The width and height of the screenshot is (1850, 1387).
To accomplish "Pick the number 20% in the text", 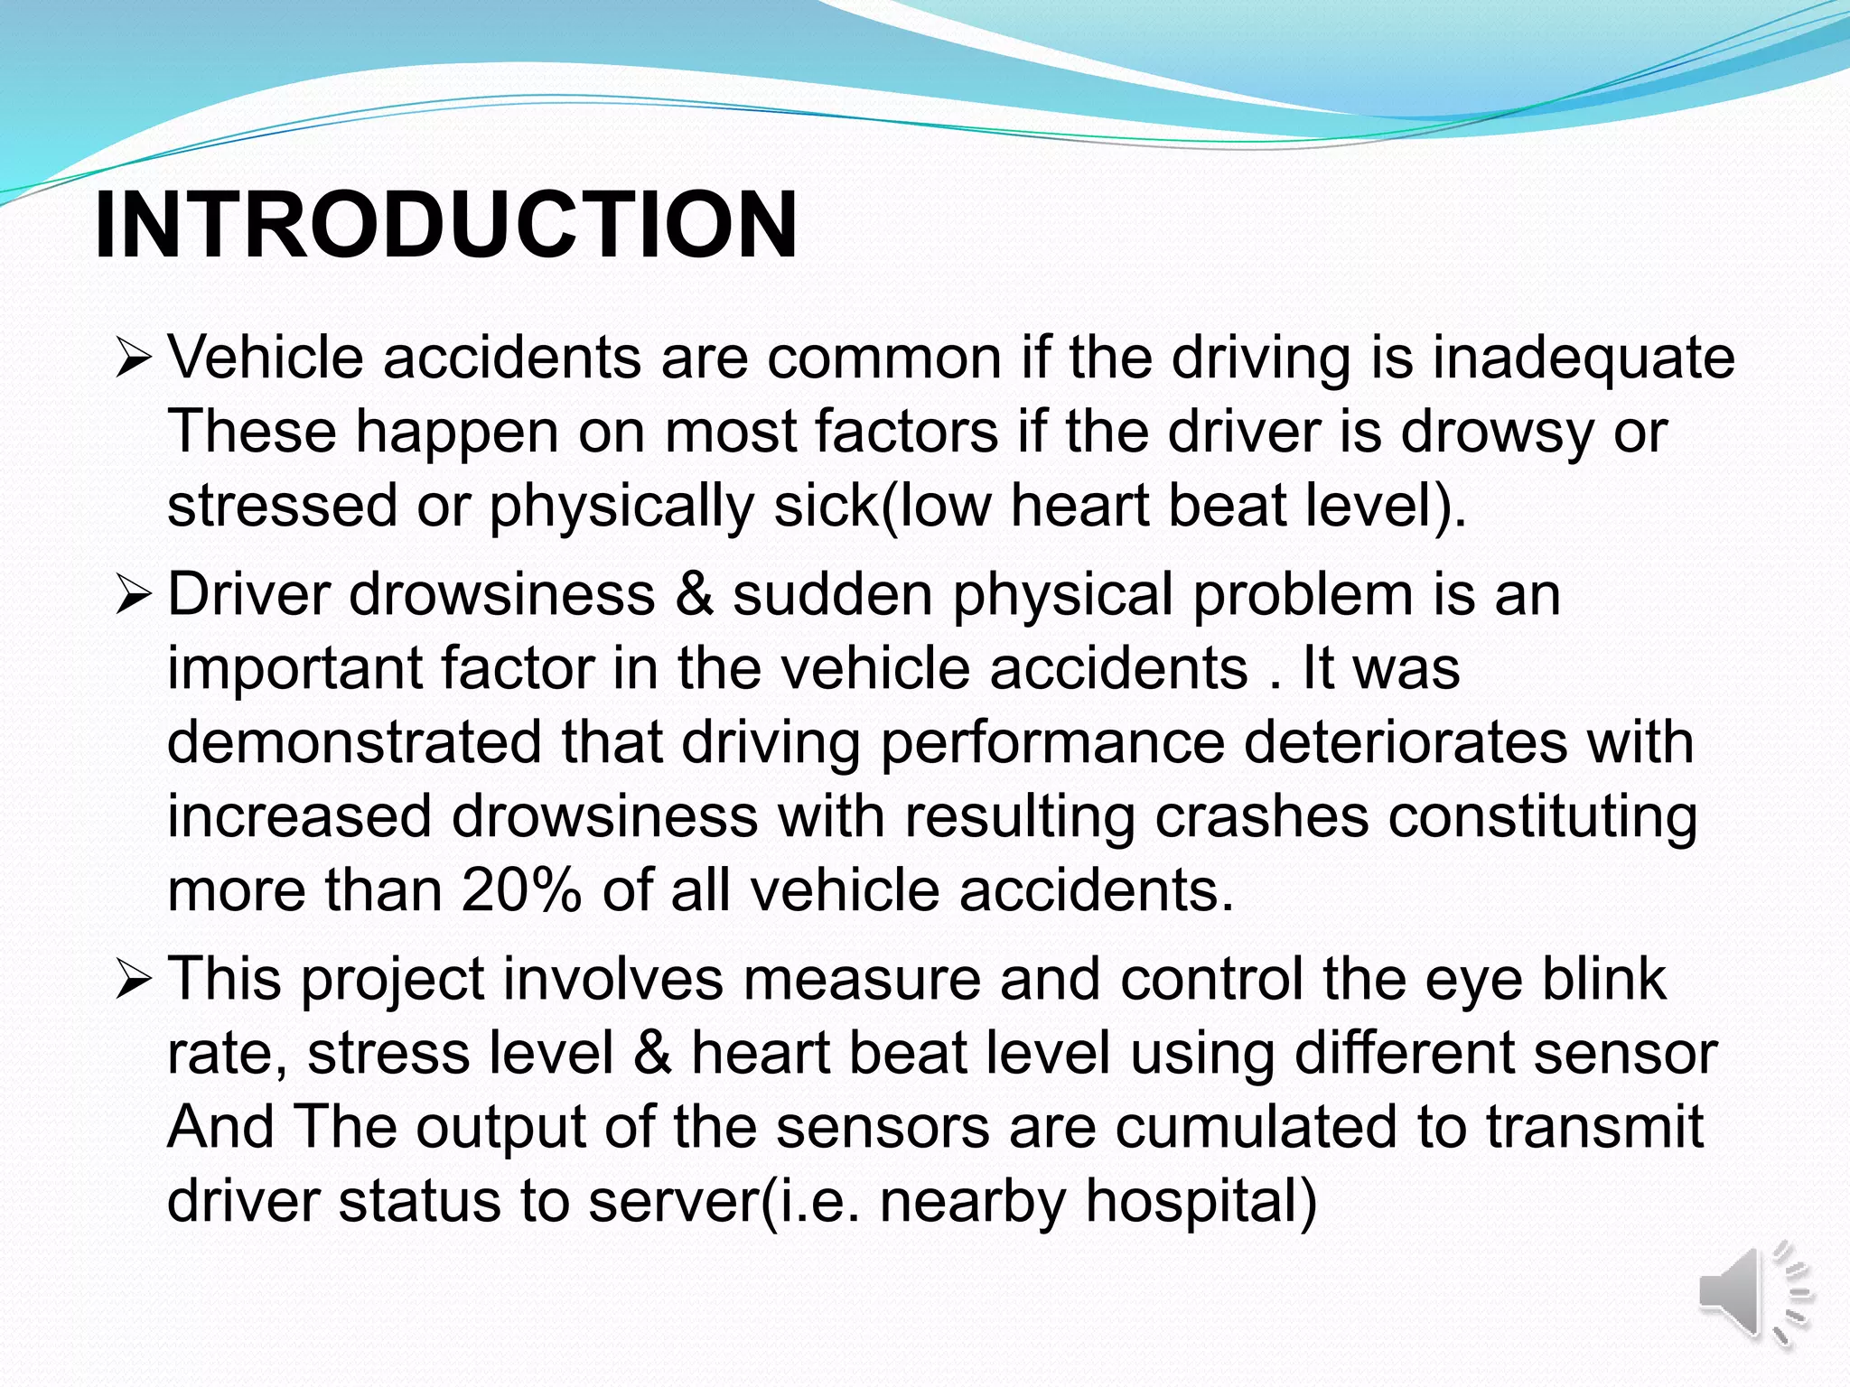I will pyautogui.click(x=521, y=891).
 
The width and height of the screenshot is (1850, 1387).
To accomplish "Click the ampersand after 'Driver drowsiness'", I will pyautogui.click(x=693, y=596).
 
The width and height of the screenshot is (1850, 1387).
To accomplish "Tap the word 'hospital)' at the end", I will pyautogui.click(x=1201, y=1203).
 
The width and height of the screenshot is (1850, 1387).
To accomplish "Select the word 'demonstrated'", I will pyautogui.click(x=354, y=743).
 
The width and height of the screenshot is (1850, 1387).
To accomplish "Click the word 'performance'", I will pyautogui.click(x=1052, y=743).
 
